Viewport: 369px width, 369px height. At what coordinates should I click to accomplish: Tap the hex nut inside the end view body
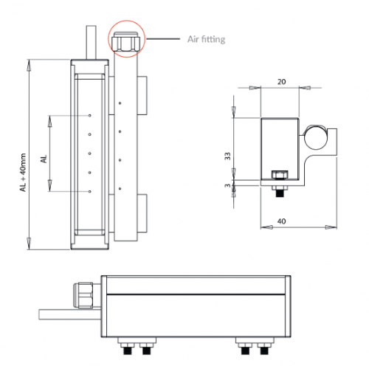[280, 176]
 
